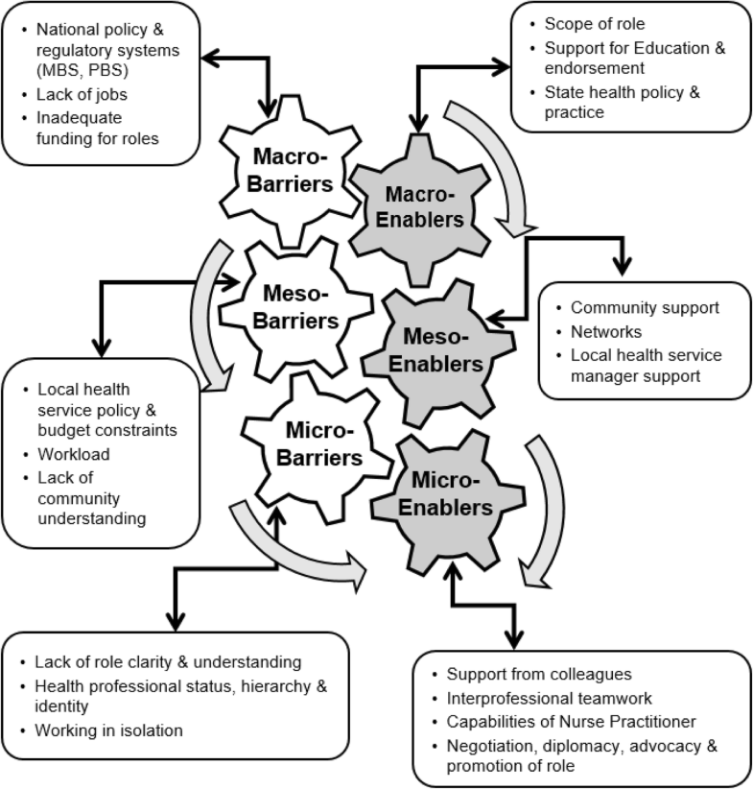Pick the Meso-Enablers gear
(440, 350)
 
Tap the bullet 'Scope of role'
(594, 25)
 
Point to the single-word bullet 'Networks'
(605, 332)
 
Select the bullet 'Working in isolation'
(107, 729)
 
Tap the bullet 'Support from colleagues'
(537, 675)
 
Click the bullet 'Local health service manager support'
(645, 366)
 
